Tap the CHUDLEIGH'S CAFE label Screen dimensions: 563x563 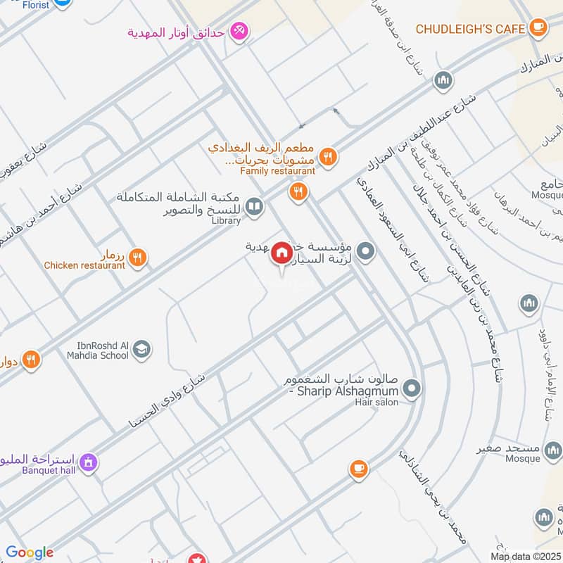470,29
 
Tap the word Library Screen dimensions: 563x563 226,220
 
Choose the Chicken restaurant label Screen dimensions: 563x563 84,265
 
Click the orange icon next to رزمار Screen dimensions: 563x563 138,258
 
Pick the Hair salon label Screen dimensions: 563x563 377,402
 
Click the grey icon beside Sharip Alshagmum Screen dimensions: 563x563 413,387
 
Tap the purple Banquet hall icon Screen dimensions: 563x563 88,462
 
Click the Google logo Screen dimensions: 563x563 30,552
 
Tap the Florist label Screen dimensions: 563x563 35,5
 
